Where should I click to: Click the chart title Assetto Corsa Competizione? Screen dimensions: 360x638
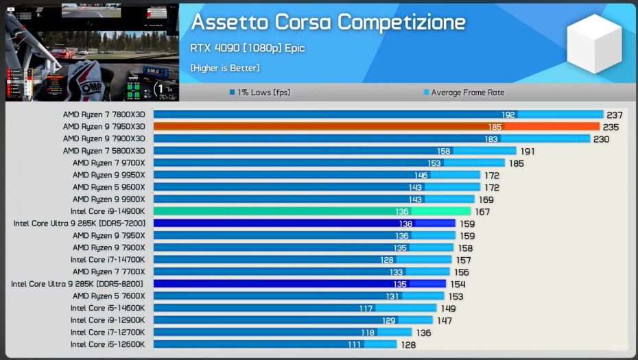(328, 22)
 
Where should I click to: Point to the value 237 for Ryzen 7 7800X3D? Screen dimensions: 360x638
(615, 115)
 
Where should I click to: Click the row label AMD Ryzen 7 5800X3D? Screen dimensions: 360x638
(104, 151)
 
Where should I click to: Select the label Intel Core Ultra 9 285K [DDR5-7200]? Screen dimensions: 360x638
(80, 224)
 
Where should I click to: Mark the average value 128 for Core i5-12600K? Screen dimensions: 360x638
(408, 344)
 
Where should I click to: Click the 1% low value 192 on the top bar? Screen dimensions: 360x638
(508, 115)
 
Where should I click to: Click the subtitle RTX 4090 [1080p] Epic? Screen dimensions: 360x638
(248, 48)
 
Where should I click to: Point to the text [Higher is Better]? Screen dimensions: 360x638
(225, 67)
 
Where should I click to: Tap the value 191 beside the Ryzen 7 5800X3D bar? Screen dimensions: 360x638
(528, 151)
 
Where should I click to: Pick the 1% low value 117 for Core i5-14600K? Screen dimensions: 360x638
(366, 308)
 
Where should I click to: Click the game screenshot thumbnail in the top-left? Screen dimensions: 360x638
(92, 51)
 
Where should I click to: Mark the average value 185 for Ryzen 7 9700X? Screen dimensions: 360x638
(516, 163)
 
